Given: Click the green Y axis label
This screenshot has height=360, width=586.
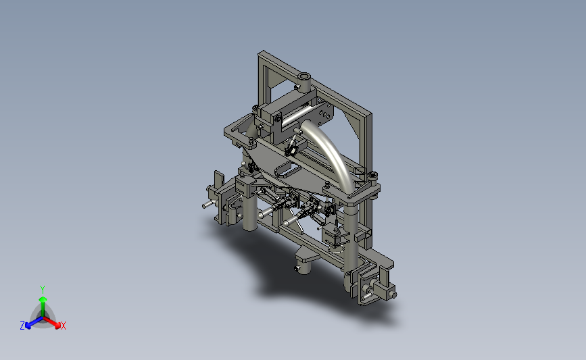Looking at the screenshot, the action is click(42, 290).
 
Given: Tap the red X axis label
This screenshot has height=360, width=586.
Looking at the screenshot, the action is click(63, 326).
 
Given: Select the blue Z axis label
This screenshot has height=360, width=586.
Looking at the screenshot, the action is click(22, 326).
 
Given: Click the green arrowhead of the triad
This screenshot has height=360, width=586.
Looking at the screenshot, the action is click(43, 299).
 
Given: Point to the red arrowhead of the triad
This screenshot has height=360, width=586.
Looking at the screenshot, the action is click(57, 326).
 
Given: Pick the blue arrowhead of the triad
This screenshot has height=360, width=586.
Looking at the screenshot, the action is click(28, 326).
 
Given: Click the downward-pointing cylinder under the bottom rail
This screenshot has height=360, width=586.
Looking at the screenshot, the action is click(303, 267).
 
